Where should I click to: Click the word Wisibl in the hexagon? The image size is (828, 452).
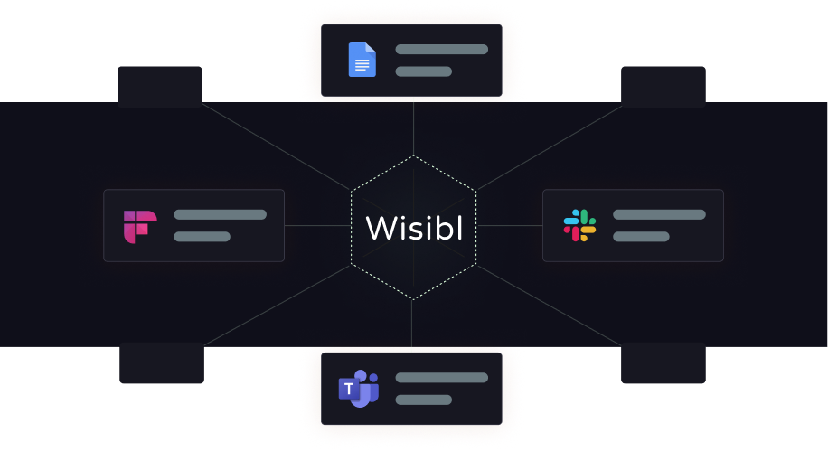[x=414, y=229]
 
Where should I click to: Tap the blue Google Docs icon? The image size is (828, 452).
[x=362, y=60]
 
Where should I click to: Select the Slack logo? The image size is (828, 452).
[x=579, y=225]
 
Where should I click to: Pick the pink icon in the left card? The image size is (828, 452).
[x=140, y=226]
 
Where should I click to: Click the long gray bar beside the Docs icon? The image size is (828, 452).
[x=441, y=49]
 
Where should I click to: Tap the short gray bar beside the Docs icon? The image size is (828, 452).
[x=423, y=71]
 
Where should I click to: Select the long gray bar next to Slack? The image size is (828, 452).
[x=659, y=214]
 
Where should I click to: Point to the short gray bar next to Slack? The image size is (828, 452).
[x=641, y=237]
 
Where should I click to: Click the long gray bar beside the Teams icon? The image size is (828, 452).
[x=441, y=377]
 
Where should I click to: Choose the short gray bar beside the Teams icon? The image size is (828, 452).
[x=423, y=400]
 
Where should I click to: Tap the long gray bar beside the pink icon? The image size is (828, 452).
[x=220, y=214]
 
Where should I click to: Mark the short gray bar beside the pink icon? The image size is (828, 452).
[x=202, y=237]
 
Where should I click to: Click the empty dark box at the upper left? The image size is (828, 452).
[x=160, y=86]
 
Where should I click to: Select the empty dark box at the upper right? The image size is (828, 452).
[x=663, y=86]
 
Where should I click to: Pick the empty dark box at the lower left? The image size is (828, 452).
[x=162, y=363]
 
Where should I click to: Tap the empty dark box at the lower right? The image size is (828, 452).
[x=663, y=363]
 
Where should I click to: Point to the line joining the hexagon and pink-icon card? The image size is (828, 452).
[x=317, y=225]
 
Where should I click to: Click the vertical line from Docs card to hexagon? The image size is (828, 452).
[x=413, y=127]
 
